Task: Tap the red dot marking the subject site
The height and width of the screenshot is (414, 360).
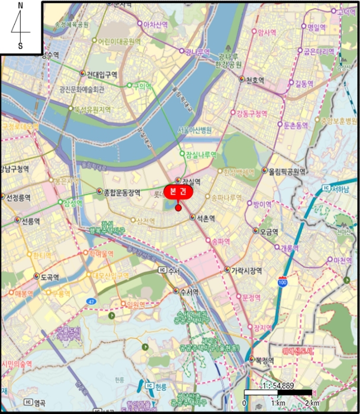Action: click(x=178, y=207)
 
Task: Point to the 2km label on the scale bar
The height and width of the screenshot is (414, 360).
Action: click(x=311, y=403)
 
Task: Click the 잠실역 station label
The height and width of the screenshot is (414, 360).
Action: click(x=191, y=182)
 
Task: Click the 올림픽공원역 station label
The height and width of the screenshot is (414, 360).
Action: click(x=287, y=172)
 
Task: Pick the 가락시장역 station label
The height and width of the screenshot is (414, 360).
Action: click(x=246, y=270)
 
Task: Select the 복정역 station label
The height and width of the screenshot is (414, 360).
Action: click(x=263, y=359)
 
